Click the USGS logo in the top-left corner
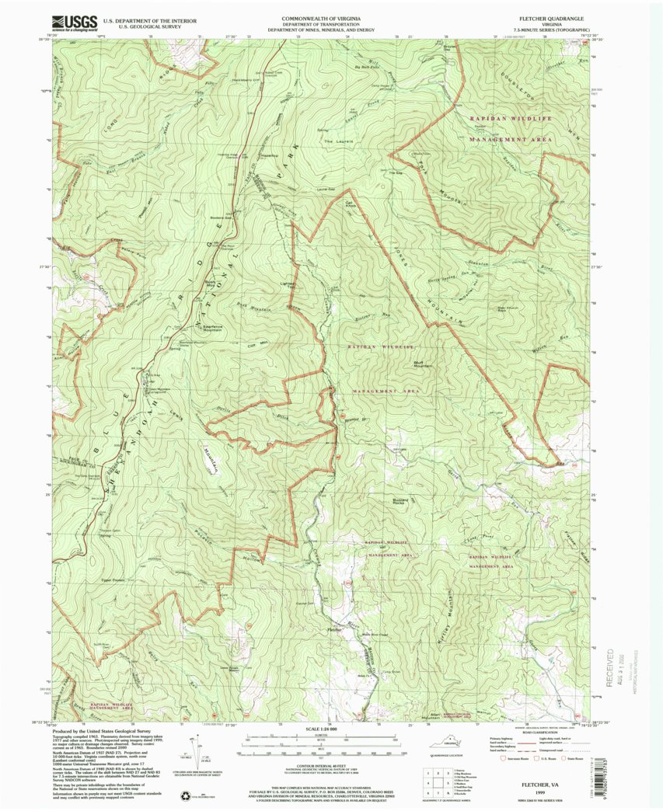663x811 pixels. [74, 21]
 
